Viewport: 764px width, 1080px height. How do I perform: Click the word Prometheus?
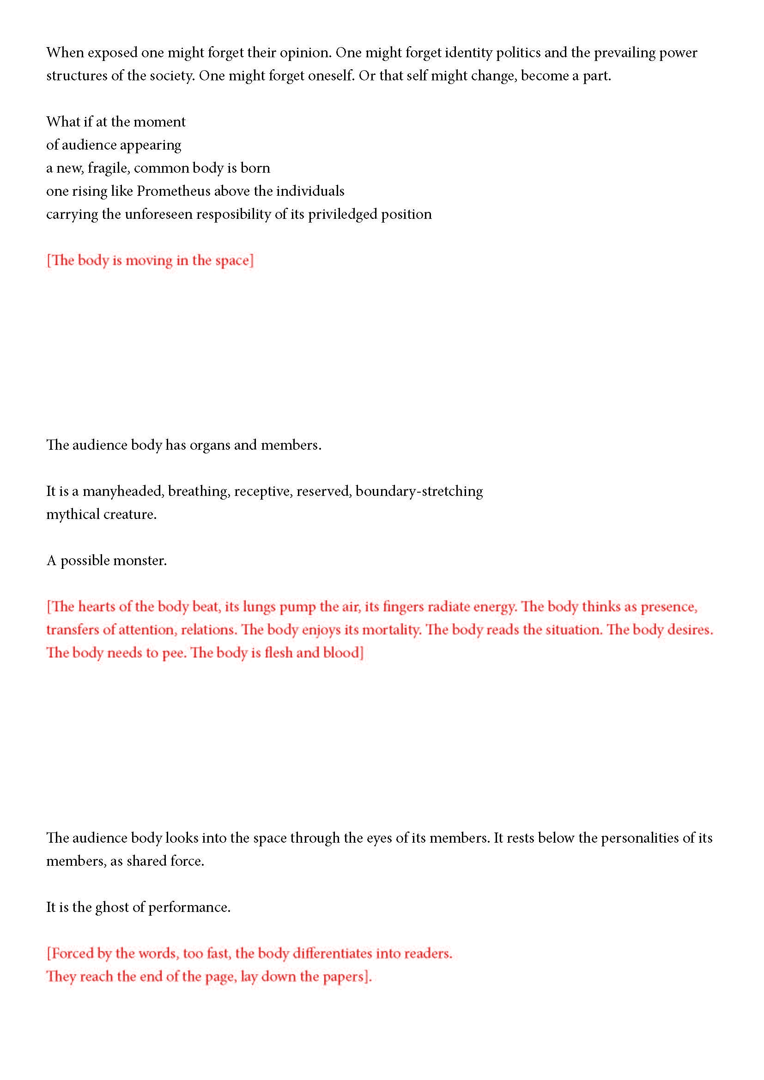click(x=173, y=191)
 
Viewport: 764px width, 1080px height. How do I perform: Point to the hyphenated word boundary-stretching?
click(x=418, y=492)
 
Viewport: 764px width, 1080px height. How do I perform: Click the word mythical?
click(x=73, y=514)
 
